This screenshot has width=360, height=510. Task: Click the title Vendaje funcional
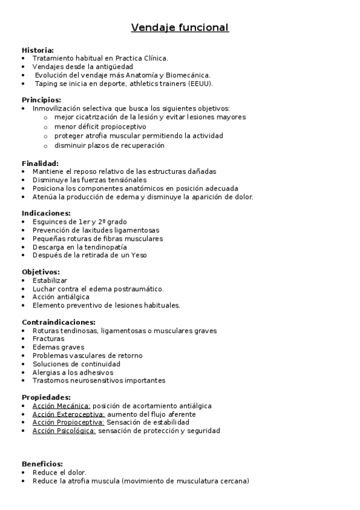point(180,28)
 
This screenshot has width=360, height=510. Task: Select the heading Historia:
point(38,50)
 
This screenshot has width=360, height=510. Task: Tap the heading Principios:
point(41,100)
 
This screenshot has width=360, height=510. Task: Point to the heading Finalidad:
point(40,163)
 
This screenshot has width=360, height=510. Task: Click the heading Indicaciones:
point(46,213)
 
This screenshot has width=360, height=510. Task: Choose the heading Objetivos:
point(41,272)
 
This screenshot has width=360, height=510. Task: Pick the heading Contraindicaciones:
point(58,322)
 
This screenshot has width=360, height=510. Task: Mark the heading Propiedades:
point(46,397)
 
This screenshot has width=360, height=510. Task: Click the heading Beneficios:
point(42,464)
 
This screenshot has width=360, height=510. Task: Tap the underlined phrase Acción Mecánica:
point(61,406)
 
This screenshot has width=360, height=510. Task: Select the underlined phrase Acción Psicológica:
point(64,431)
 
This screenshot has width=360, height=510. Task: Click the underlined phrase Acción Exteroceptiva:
point(69,414)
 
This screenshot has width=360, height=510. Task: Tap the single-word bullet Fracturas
point(49,339)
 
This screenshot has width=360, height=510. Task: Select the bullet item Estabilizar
point(50,280)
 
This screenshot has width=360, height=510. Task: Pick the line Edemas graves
point(58,348)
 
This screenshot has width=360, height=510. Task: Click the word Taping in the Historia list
point(46,84)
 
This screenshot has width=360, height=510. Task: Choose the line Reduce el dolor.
point(59,473)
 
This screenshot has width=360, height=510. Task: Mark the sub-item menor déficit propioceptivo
point(100,127)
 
